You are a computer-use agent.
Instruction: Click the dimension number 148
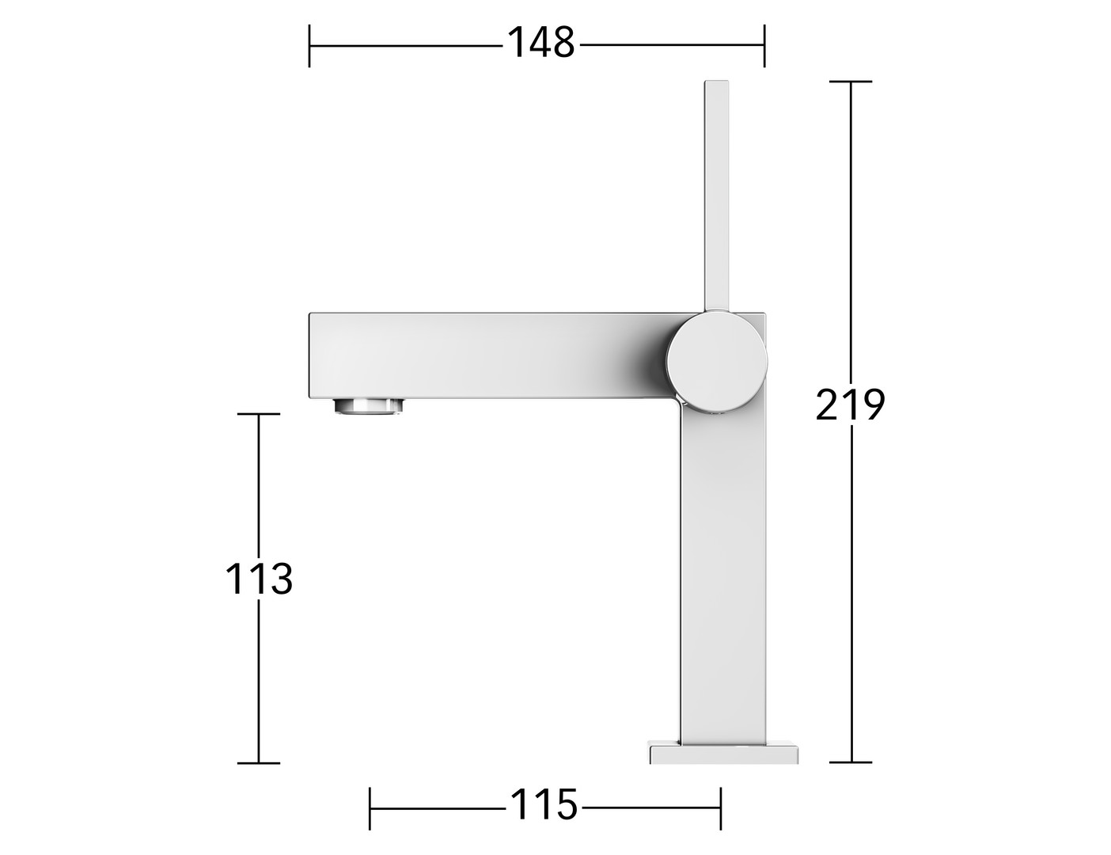click(541, 43)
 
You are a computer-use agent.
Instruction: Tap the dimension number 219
click(850, 405)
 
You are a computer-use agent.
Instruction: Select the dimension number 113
click(259, 579)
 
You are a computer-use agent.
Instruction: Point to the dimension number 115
click(544, 804)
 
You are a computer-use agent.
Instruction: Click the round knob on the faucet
click(717, 361)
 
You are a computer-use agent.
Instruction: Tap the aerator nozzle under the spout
click(369, 405)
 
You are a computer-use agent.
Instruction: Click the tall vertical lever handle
click(716, 196)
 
